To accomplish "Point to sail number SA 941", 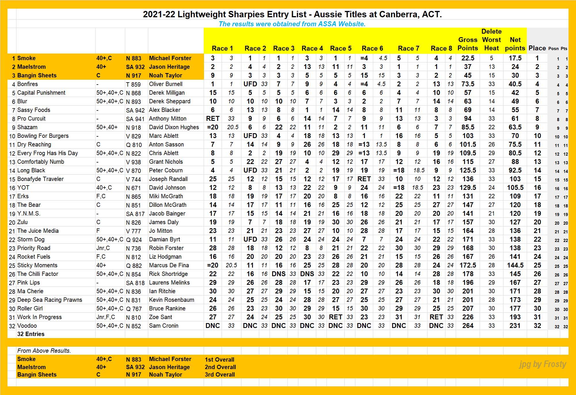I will [135, 119].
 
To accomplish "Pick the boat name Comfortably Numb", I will [41, 162].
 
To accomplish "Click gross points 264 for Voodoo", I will [468, 326].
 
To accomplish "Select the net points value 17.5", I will [515, 58].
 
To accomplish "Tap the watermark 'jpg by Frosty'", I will [543, 364].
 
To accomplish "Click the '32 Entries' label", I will [31, 334].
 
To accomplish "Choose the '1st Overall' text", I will [220, 359].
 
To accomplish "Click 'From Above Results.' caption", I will [44, 351].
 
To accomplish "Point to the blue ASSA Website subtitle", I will [292, 24].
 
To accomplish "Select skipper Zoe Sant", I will [161, 317].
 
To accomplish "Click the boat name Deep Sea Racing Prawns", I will [49, 300].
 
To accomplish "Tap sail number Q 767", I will [134, 309].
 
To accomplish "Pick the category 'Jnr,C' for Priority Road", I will [103, 248].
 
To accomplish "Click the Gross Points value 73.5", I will [468, 84].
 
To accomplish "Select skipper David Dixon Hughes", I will [174, 127].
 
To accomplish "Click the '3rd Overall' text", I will [220, 375].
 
